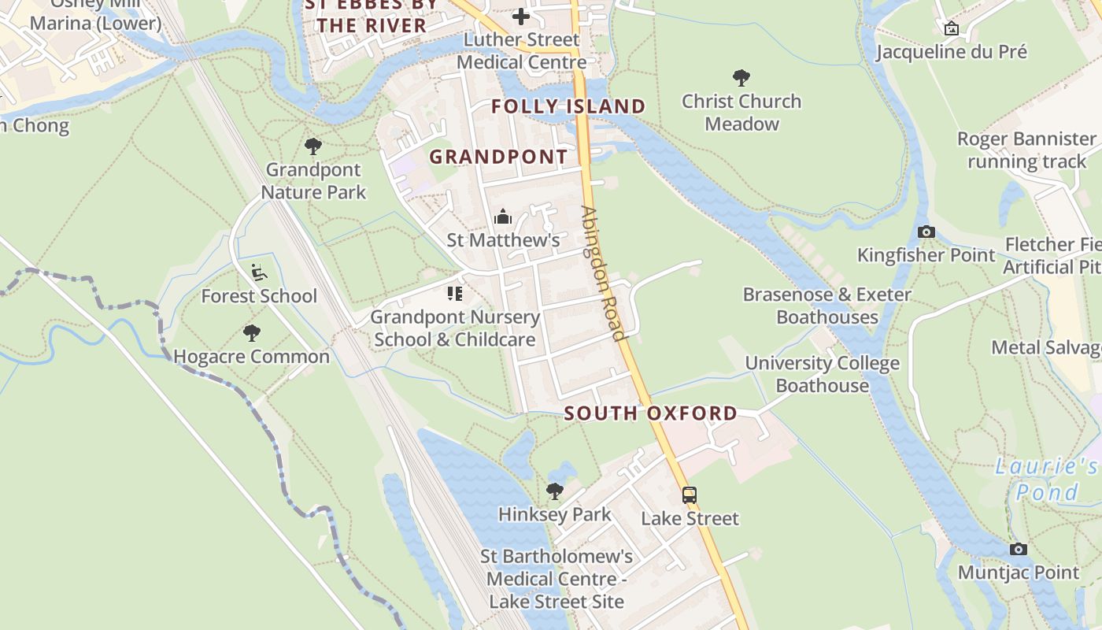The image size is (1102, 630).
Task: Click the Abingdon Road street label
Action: tap(603, 272)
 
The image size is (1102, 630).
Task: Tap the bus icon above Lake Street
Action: tap(690, 495)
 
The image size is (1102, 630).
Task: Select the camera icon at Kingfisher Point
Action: tap(926, 232)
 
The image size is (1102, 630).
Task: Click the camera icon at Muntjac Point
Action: tap(1019, 549)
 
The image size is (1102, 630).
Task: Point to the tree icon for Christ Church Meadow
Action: tap(741, 77)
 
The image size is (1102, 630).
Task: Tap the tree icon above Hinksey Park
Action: tap(555, 491)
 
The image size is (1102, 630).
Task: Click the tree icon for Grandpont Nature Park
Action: tap(313, 146)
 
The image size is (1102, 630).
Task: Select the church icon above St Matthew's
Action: tap(503, 217)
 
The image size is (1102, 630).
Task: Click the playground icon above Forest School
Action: tap(259, 272)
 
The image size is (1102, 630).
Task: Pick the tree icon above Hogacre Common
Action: tap(252, 332)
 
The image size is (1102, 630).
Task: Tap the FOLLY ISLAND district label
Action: tap(568, 106)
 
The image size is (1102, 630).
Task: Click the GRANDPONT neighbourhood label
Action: tap(498, 156)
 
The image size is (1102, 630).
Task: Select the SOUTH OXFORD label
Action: tap(651, 413)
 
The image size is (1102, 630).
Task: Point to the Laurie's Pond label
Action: tap(1046, 479)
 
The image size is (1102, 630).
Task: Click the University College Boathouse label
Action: tap(822, 374)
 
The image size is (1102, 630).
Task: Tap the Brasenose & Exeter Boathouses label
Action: tap(827, 306)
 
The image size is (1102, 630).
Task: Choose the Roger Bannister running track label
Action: tap(1026, 150)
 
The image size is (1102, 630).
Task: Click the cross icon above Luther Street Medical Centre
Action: tap(520, 16)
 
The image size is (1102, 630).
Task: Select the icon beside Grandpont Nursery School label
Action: tap(455, 294)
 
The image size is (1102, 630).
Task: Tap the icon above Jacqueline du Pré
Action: tap(952, 28)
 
